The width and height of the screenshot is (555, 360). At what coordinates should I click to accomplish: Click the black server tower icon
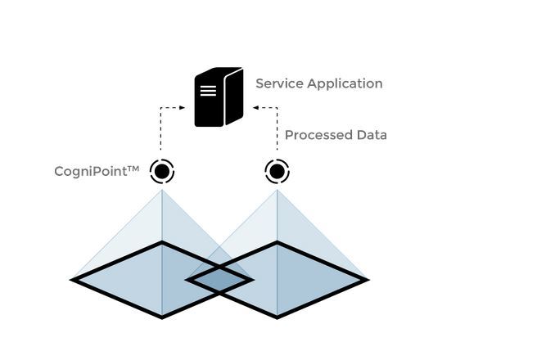tap(218, 97)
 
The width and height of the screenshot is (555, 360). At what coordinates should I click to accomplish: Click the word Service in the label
tap(278, 83)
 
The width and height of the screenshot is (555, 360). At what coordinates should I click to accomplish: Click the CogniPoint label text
tap(89, 172)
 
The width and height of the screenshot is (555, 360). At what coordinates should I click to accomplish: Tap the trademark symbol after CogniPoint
tap(133, 169)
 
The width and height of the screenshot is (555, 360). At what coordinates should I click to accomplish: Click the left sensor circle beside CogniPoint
tap(162, 172)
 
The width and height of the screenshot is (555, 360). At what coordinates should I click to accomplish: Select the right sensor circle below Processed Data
tap(277, 172)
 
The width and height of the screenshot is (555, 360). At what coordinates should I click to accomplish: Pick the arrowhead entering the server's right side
tap(255, 107)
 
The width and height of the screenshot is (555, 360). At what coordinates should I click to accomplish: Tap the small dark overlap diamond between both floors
tap(219, 280)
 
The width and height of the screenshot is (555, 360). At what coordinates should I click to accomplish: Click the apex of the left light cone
tap(162, 191)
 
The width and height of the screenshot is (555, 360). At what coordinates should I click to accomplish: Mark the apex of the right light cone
tap(277, 191)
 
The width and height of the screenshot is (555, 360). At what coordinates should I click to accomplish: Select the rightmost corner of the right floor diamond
tap(366, 280)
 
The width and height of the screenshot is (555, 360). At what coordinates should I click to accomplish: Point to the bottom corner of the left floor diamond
tap(162, 316)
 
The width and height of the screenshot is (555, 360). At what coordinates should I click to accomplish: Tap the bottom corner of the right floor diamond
tap(277, 316)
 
